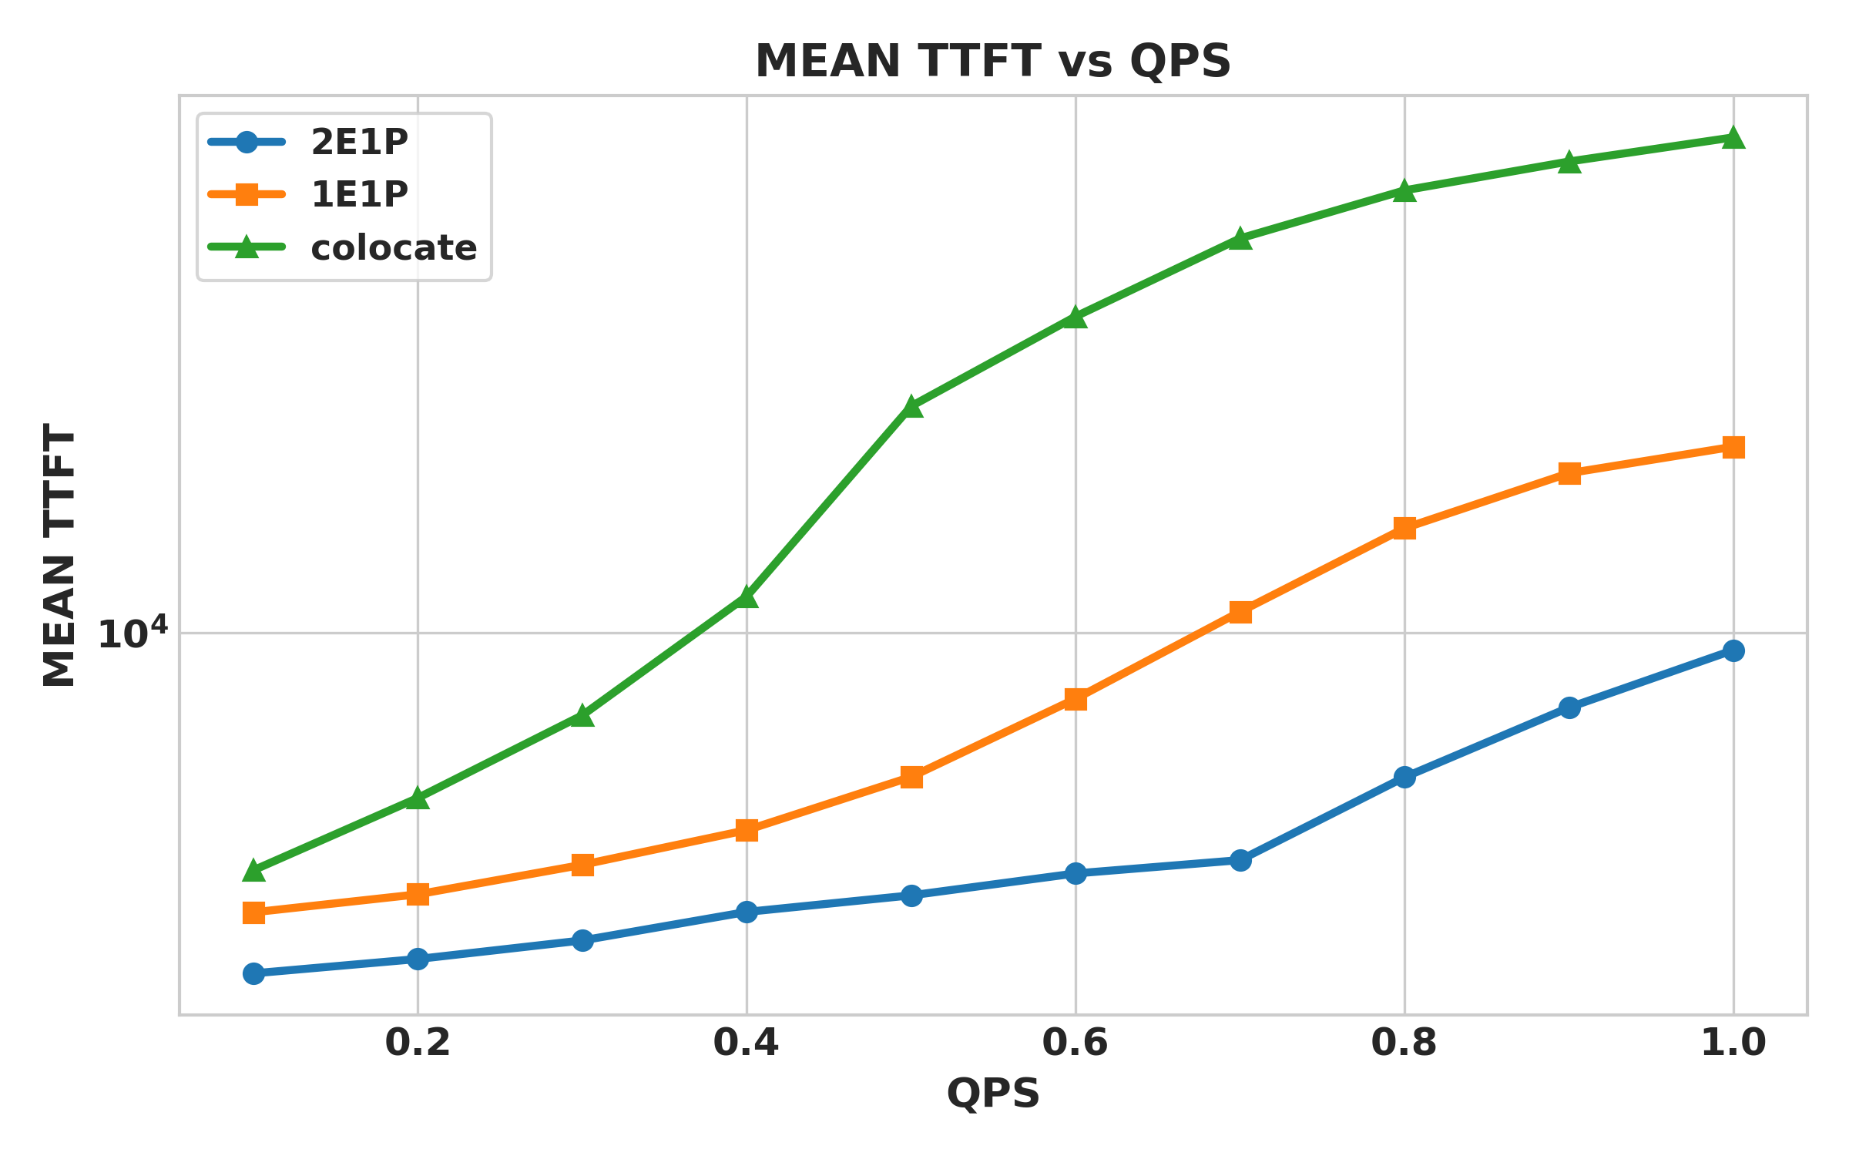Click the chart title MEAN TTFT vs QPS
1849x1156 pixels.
pos(992,62)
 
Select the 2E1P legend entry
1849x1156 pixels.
pos(359,142)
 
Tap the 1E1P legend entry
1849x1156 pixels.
pos(359,194)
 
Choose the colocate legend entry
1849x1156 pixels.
pos(393,247)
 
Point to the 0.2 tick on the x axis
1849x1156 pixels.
pos(418,1043)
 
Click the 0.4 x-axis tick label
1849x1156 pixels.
pos(746,1043)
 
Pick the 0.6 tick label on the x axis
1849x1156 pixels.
pos(1075,1043)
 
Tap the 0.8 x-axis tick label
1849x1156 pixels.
pos(1404,1043)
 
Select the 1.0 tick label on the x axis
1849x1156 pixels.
pos(1733,1043)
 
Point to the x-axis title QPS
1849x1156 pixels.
pos(992,1094)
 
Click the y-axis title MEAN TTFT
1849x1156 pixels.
pos(59,555)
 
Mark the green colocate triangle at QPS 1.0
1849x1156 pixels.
pos(1733,138)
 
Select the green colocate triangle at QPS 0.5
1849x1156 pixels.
pos(911,407)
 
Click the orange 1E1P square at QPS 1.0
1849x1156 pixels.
pos(1733,447)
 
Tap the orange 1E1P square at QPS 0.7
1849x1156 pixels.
pos(1240,613)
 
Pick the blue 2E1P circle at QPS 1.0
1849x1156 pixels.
pos(1733,650)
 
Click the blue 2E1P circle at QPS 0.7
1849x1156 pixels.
pos(1240,860)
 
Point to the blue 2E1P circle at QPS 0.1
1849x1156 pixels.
pos(253,973)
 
